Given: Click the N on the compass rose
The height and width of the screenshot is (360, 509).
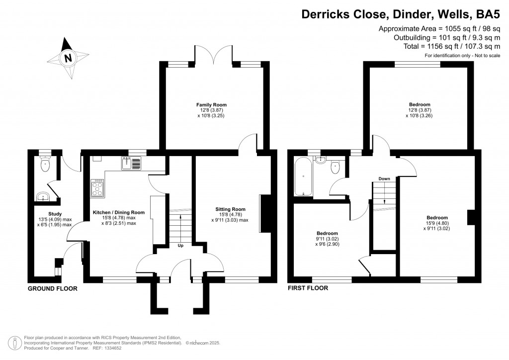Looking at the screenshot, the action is pyautogui.click(x=68, y=58).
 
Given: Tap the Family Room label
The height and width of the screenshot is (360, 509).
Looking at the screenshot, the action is pyautogui.click(x=211, y=105).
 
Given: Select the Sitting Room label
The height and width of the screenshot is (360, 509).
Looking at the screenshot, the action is pyautogui.click(x=230, y=209).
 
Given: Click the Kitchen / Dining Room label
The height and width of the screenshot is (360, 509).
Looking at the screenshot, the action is pyautogui.click(x=119, y=213).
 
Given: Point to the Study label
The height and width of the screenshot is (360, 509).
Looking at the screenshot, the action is pyautogui.click(x=55, y=214).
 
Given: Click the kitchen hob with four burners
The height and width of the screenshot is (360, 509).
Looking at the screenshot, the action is pyautogui.click(x=98, y=188).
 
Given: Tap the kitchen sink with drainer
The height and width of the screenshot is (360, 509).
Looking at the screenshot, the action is pyautogui.click(x=131, y=164).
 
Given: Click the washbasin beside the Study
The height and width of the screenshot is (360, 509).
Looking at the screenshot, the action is pyautogui.click(x=43, y=197).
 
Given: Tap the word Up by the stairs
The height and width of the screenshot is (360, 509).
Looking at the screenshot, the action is pyautogui.click(x=180, y=246).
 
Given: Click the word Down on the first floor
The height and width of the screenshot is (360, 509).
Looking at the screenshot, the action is pyautogui.click(x=384, y=179).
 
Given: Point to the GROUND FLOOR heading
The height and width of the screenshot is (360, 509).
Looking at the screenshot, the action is pyautogui.click(x=53, y=288).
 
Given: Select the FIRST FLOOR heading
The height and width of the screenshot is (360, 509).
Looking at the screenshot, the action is pyautogui.click(x=308, y=288).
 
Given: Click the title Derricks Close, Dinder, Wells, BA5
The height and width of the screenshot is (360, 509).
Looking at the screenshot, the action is pyautogui.click(x=401, y=14).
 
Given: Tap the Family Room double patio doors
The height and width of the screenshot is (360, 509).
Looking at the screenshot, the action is pyautogui.click(x=214, y=55).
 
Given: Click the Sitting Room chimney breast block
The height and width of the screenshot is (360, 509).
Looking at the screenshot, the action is pyautogui.click(x=266, y=214).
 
